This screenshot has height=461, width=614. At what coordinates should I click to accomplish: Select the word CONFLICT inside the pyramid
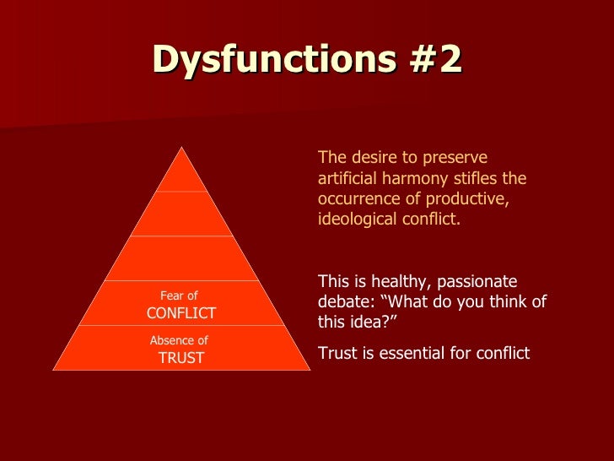pyautogui.click(x=181, y=313)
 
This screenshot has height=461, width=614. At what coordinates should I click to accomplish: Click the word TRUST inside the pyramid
pyautogui.click(x=181, y=358)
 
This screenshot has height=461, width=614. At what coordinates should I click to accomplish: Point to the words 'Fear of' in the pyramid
pyautogui.click(x=179, y=296)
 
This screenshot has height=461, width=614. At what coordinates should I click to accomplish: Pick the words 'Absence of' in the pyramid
pyautogui.click(x=179, y=340)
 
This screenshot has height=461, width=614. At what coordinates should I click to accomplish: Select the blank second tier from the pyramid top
pyautogui.click(x=181, y=214)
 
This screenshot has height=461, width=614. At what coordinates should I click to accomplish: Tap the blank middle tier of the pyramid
pyautogui.click(x=181, y=258)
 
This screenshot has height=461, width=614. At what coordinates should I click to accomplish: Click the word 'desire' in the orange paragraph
pyautogui.click(x=369, y=158)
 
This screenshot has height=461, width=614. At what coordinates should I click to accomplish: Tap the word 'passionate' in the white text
pyautogui.click(x=480, y=282)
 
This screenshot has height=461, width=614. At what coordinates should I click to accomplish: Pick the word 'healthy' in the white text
pyautogui.click(x=387, y=282)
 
